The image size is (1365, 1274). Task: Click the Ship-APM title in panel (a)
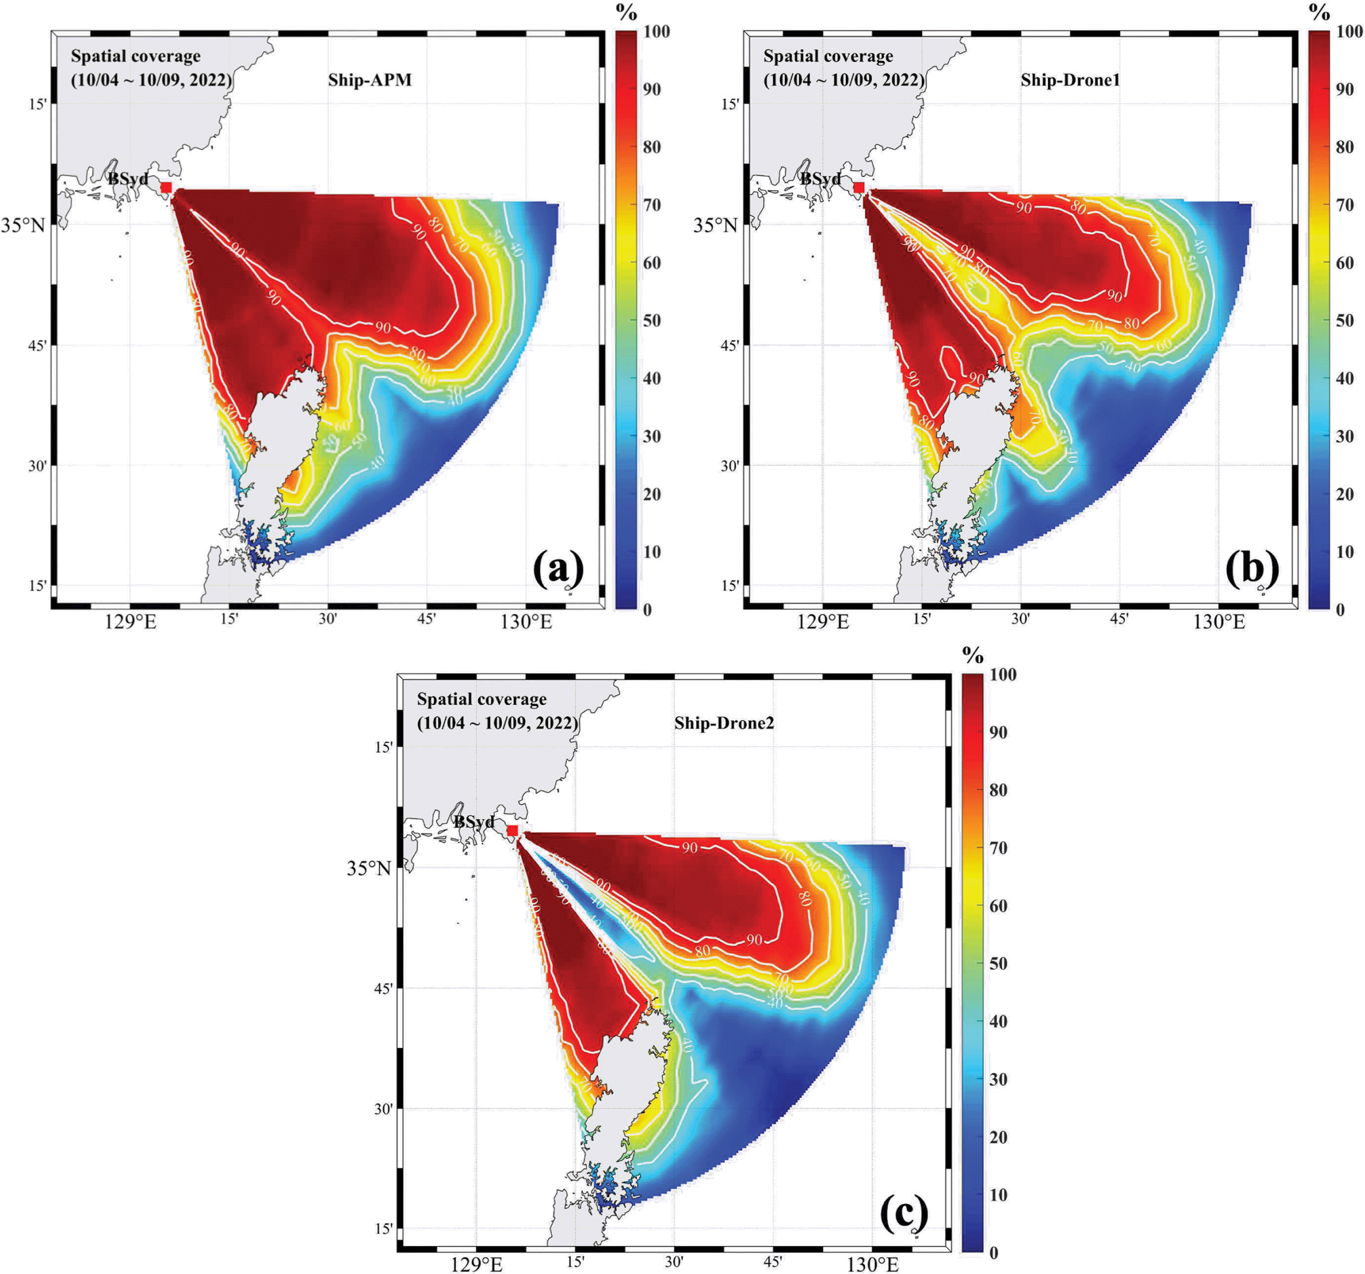(369, 80)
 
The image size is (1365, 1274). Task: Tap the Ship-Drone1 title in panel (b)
(1070, 80)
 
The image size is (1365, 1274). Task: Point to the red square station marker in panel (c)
(512, 830)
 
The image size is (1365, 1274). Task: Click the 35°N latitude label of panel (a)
(23, 225)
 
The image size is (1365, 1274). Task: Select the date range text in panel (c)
(497, 723)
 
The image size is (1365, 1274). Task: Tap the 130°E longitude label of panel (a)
(526, 622)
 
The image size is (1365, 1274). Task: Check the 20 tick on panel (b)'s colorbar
(1344, 495)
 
